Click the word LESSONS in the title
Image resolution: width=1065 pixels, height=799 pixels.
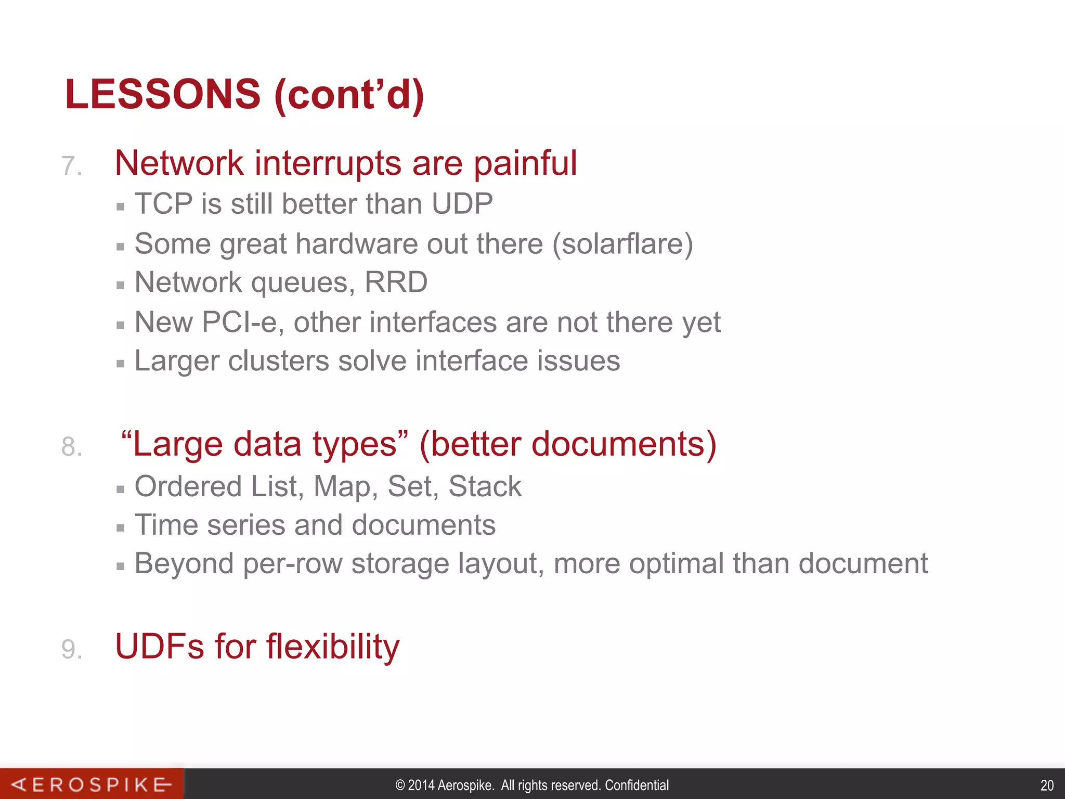point(162,94)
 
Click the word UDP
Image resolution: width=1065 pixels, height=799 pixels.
point(462,203)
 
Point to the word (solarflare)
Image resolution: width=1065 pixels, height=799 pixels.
point(622,244)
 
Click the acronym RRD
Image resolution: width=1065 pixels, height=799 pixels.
point(396,282)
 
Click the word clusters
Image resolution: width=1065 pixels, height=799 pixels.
point(278,360)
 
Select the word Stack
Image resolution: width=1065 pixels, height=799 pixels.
point(485,486)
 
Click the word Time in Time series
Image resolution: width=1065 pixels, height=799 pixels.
point(166,525)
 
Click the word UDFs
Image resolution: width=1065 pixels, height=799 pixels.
point(160,647)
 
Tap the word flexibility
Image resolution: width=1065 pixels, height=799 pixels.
point(333,647)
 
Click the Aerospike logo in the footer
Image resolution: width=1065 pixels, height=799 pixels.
point(92,784)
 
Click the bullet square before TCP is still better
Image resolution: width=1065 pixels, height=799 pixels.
point(121,207)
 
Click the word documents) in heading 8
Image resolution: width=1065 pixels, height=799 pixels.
point(624,444)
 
